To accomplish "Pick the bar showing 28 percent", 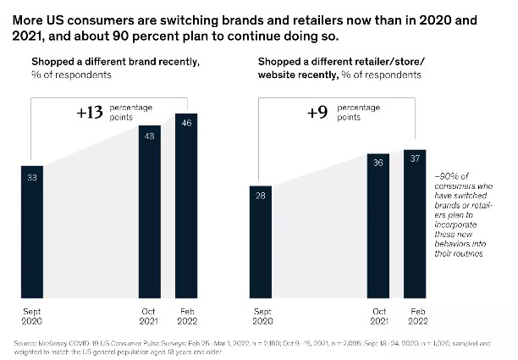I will (x=262, y=241).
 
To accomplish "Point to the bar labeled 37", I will (x=415, y=223).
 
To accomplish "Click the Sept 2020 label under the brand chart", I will (x=32, y=315).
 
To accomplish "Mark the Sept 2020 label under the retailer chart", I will (x=262, y=315).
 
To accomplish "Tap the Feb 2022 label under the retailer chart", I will (x=415, y=315).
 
